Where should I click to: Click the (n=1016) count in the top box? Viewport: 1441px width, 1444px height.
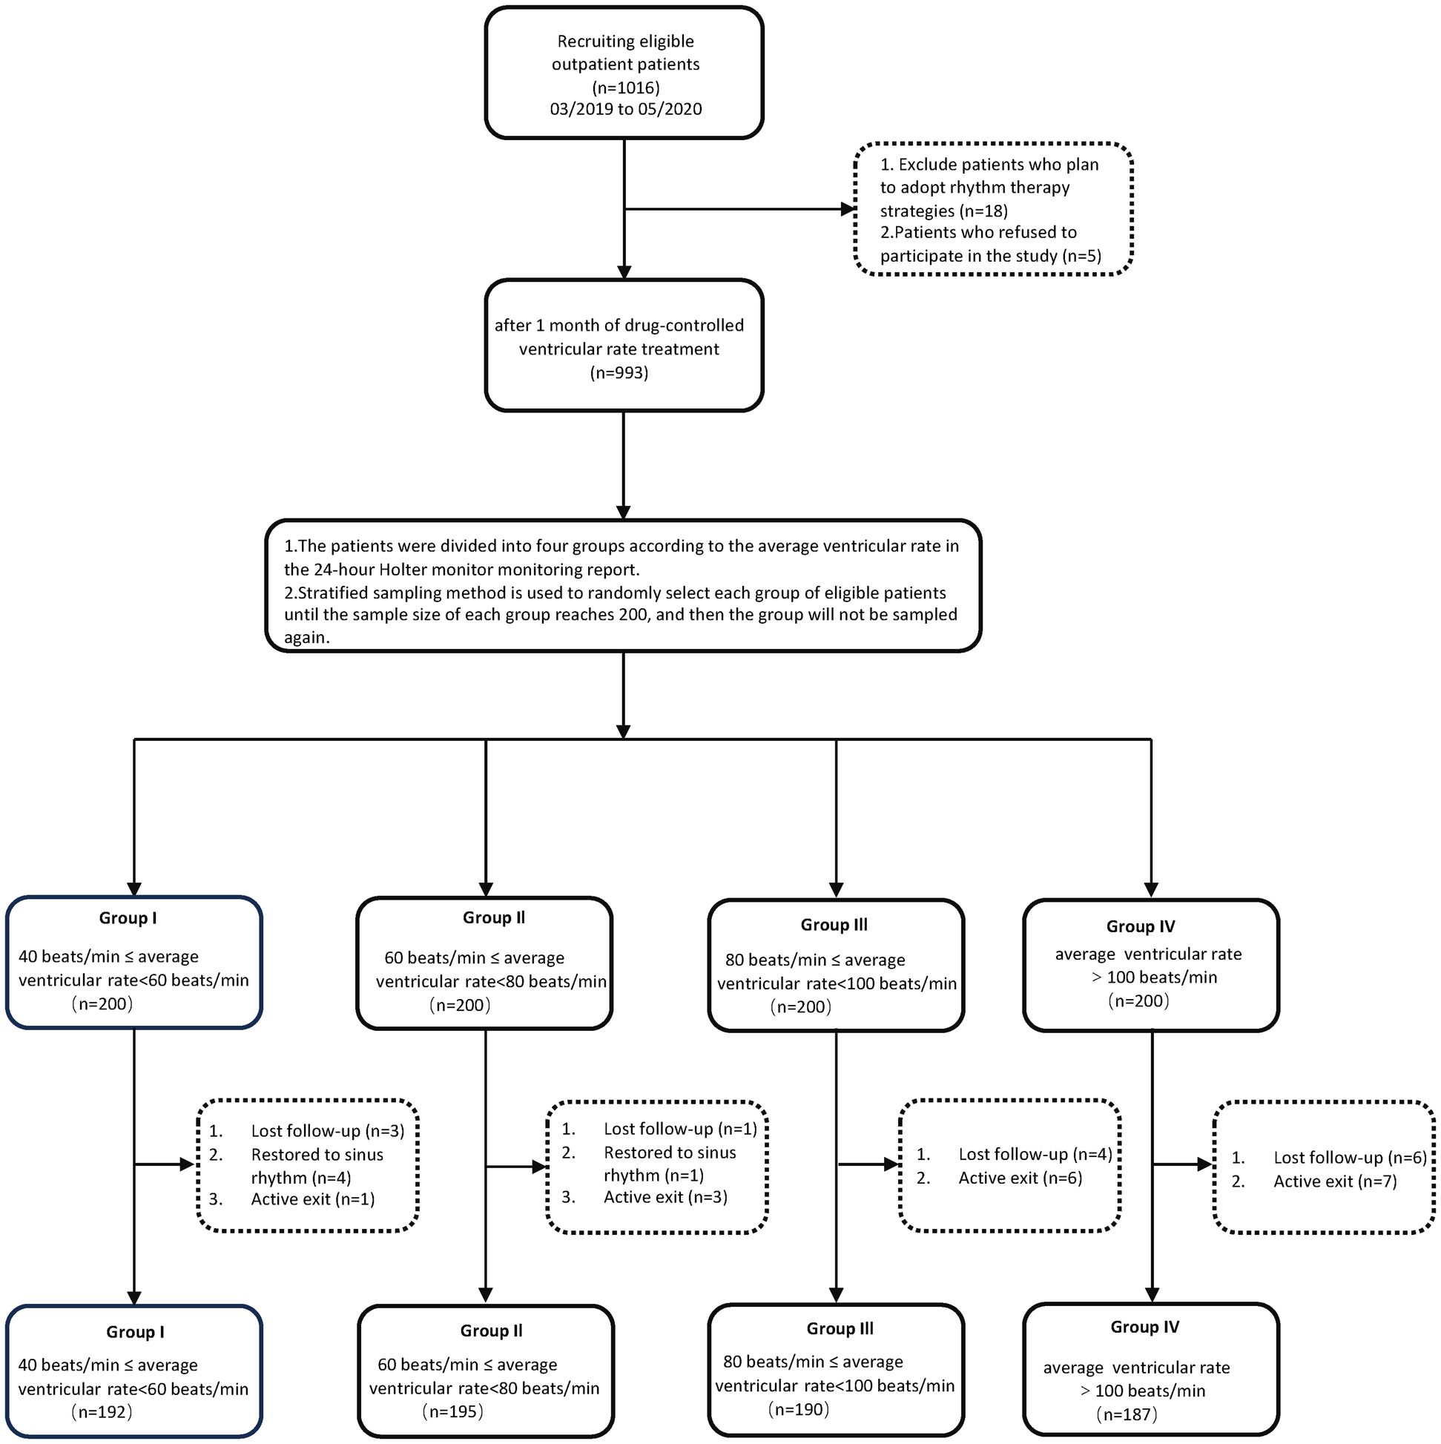click(x=626, y=88)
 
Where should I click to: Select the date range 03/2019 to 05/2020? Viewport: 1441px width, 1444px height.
click(x=626, y=109)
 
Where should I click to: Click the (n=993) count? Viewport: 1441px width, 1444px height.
click(x=619, y=372)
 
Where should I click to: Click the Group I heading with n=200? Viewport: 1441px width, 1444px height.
click(x=128, y=918)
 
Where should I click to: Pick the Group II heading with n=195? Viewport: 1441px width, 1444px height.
click(x=491, y=1331)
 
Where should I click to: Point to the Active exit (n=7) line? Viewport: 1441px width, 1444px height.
click(x=1335, y=1181)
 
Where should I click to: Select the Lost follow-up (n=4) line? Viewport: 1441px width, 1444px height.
click(x=1035, y=1154)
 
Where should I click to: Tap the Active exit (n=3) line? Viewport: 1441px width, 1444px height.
click(x=665, y=1196)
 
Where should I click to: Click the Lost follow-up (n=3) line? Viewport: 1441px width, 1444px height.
click(x=327, y=1131)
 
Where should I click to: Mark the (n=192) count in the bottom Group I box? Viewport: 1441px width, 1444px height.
click(x=102, y=1412)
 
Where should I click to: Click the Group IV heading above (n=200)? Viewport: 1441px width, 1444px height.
click(x=1141, y=926)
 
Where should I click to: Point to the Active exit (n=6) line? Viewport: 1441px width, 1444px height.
click(x=1020, y=1178)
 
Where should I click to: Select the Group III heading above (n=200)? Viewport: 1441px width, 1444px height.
click(x=834, y=925)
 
